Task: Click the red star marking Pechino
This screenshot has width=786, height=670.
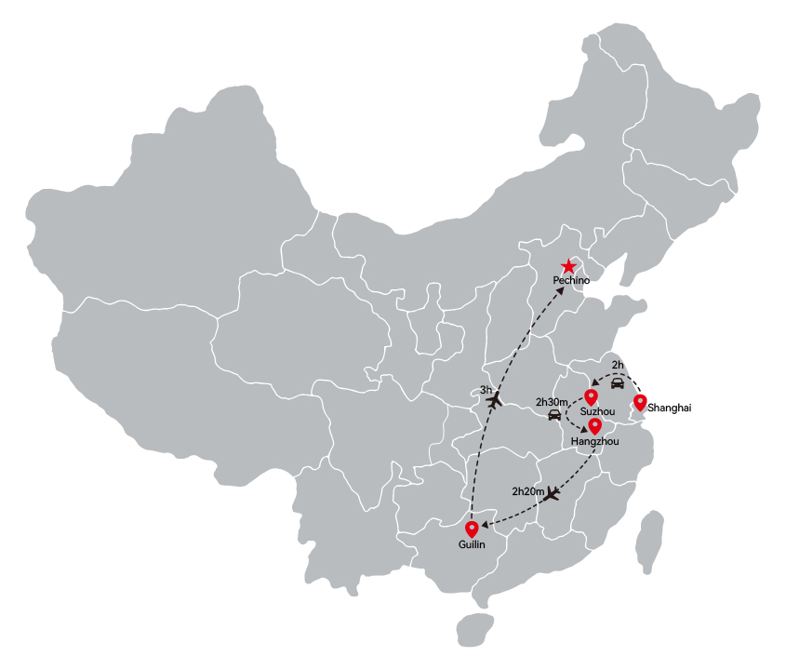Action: coord(568,266)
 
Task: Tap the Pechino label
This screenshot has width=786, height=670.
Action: coord(571,280)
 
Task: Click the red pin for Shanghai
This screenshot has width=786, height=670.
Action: coord(640,403)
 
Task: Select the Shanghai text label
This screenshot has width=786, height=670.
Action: coord(669,408)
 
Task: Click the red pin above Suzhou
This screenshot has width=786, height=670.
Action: coord(591,397)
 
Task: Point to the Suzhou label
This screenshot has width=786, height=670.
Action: coord(597,411)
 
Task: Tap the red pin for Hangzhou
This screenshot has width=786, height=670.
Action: coord(594,427)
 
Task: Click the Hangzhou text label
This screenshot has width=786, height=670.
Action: coord(595,441)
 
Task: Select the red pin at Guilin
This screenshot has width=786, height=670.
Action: coord(472,529)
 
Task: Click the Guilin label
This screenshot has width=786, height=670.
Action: coord(472,544)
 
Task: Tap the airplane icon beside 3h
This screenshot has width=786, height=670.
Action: coord(495,400)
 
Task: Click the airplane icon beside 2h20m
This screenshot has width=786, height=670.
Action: coord(552,493)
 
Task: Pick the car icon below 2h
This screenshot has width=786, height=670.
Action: coord(618,383)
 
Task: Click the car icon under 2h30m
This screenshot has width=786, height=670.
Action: coord(554,415)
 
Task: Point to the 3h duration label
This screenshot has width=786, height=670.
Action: coord(486,390)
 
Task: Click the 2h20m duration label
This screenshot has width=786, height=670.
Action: coord(527,492)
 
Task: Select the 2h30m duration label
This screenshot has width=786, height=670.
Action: coord(552,402)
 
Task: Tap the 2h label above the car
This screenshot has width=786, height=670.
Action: coord(618,365)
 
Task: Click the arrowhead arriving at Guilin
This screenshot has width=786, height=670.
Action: coord(485,526)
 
